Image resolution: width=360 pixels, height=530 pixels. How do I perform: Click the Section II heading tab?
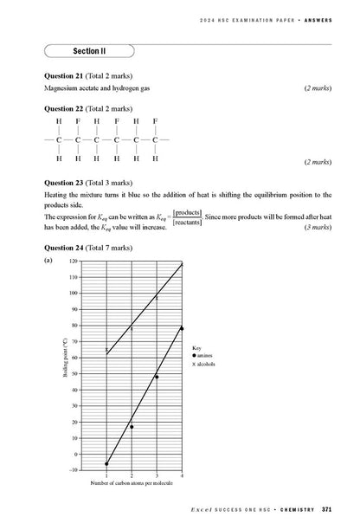[x=95, y=51]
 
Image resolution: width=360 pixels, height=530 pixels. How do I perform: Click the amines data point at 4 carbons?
[x=182, y=328]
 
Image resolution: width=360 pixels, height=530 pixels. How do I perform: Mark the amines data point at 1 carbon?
[x=106, y=463]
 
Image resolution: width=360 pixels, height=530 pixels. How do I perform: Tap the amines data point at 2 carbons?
[x=132, y=426]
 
